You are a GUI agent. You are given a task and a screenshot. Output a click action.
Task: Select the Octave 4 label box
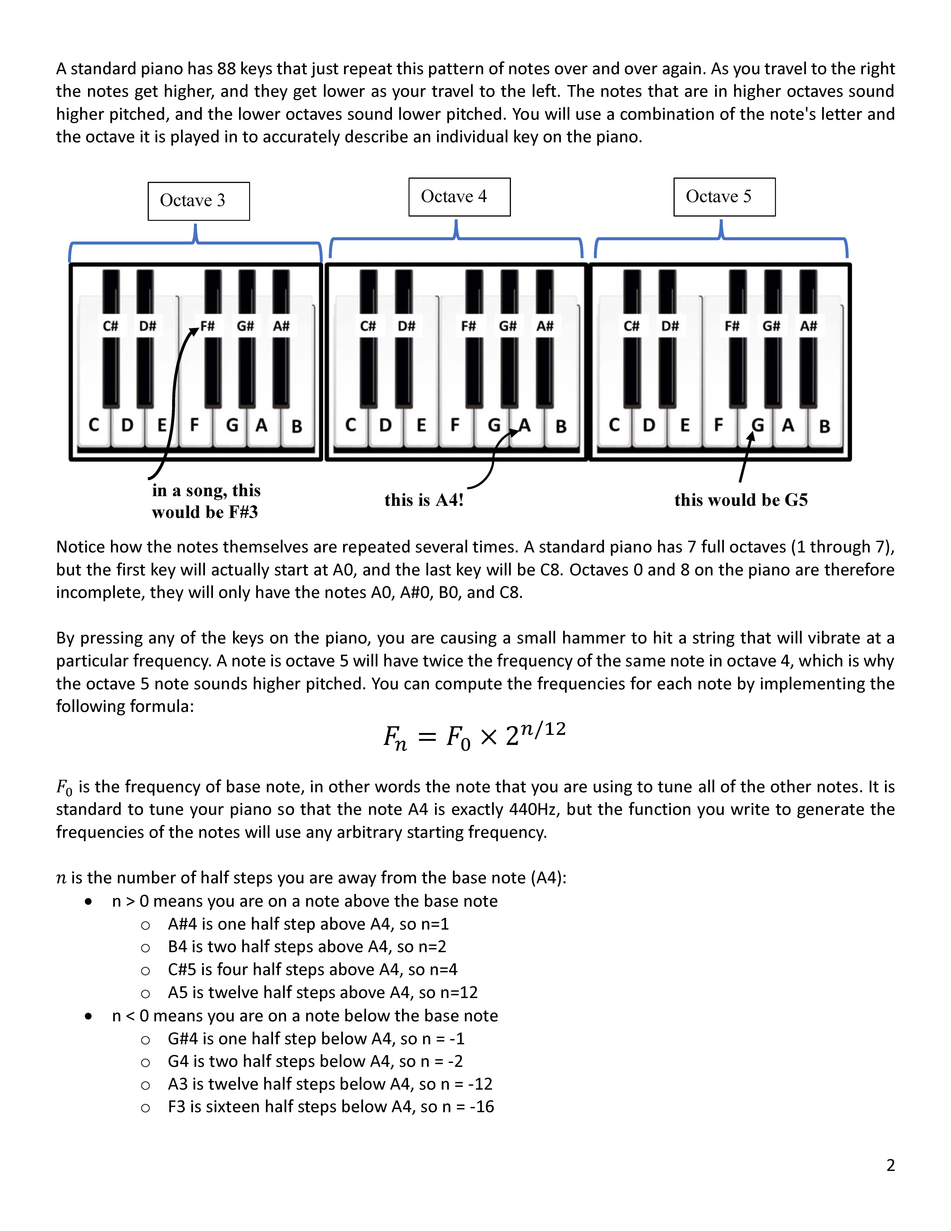click(x=459, y=197)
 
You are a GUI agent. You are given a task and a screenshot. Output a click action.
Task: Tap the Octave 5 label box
click(x=724, y=197)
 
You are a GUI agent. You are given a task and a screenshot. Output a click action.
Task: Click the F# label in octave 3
click(x=208, y=326)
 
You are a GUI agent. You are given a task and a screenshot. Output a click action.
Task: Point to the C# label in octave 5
click(x=632, y=326)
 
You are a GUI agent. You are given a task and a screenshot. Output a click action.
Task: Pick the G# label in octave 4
click(x=508, y=326)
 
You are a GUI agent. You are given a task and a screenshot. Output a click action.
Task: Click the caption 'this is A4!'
click(x=424, y=500)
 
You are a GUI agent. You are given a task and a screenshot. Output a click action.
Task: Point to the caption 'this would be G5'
click(x=741, y=500)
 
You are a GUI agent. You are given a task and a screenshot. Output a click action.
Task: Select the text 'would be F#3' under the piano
click(x=205, y=512)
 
